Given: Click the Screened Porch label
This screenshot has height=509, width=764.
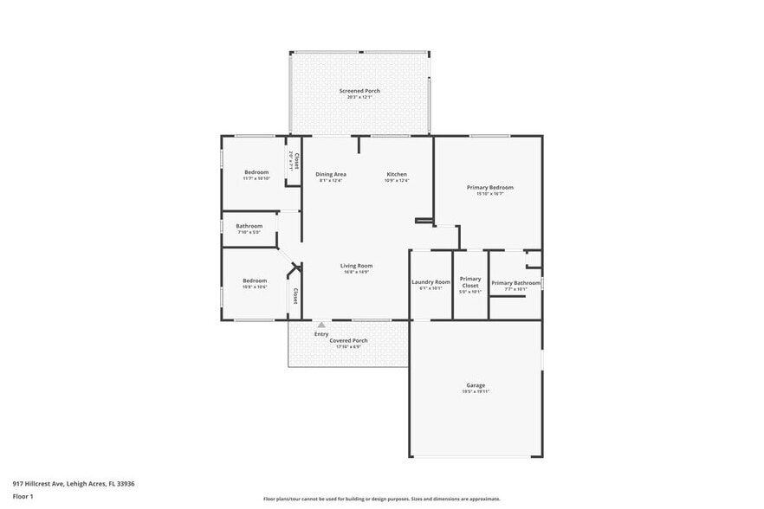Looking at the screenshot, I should (359, 91).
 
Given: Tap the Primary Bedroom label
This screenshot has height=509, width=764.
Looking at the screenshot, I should (489, 187).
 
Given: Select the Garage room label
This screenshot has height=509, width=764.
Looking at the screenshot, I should (476, 385).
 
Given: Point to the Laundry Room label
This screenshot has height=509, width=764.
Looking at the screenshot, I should (431, 282).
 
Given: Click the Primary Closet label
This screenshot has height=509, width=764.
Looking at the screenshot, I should (470, 282).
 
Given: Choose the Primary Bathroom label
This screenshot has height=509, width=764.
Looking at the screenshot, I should (515, 283).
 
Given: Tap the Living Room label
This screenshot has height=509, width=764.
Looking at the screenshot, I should (356, 266).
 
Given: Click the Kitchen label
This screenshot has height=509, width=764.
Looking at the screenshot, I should (396, 174).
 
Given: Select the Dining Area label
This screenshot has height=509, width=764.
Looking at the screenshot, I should (331, 174).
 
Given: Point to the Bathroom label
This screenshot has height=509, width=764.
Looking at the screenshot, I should (249, 226).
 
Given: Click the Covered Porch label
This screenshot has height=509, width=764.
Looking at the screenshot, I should (348, 340).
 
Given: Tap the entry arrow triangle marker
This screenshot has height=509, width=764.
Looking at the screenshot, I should (321, 325).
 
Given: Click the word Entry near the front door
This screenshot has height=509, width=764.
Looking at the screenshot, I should (321, 334).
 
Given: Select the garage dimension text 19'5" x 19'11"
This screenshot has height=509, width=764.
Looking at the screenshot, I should (476, 391).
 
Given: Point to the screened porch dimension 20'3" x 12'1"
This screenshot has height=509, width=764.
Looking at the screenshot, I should (359, 97).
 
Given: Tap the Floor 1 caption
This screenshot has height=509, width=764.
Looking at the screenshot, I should (23, 496).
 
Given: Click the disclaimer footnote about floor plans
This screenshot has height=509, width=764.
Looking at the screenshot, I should (381, 499).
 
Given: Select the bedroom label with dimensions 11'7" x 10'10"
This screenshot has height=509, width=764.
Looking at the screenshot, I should (256, 172).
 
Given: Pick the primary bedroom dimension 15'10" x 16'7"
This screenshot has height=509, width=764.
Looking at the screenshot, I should (489, 194).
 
